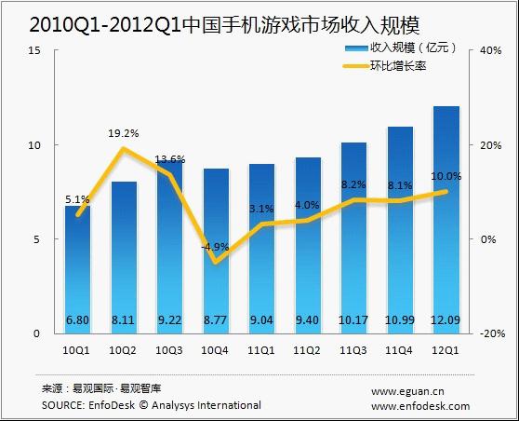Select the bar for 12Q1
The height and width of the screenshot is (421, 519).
pyautogui.click(x=446, y=214)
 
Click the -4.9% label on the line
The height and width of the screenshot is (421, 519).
pyautogui.click(x=215, y=247)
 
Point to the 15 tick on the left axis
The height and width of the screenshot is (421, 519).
pyautogui.click(x=33, y=51)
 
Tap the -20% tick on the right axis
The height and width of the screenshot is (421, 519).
pyautogui.click(x=491, y=333)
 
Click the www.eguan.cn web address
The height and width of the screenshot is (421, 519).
pyautogui.click(x=408, y=392)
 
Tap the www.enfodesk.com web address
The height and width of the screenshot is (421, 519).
pyautogui.click(x=420, y=406)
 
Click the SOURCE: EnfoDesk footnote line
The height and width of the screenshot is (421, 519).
pyautogui.click(x=152, y=405)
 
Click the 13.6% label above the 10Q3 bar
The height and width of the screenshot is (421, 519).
pyautogui.click(x=169, y=158)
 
